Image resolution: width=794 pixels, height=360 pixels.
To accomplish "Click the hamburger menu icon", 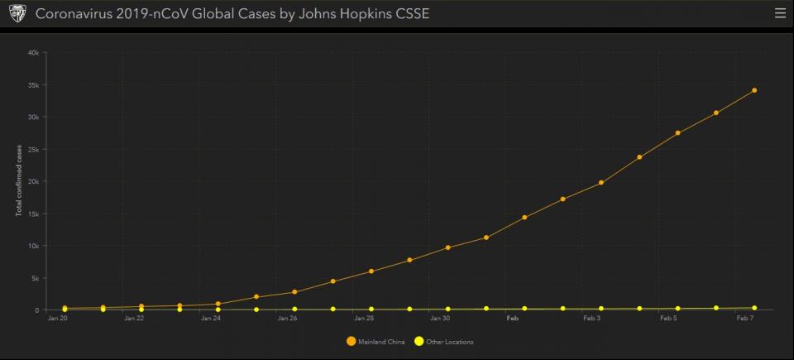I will click(780, 13).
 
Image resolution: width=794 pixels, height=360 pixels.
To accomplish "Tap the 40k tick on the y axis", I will click(34, 52).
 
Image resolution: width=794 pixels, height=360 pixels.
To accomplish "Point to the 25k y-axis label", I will click(34, 149).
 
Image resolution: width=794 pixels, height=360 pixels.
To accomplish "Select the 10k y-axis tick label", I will click(34, 246).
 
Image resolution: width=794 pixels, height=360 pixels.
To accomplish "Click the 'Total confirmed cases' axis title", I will click(19, 181).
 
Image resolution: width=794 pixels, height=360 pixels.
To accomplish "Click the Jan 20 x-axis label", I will click(57, 318).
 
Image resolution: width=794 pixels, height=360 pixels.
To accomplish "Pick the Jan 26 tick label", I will click(288, 318).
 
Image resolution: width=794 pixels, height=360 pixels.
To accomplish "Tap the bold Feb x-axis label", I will click(513, 318).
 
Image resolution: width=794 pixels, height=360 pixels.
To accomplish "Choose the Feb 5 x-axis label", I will click(669, 318).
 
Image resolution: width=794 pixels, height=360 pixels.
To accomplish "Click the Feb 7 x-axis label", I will click(745, 318).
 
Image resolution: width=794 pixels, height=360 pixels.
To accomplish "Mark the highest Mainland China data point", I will click(754, 90).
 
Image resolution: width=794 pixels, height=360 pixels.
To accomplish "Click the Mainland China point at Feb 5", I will click(677, 133).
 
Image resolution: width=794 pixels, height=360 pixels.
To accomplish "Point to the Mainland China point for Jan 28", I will click(371, 271).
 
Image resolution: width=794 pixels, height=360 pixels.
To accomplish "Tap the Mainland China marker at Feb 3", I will click(601, 183).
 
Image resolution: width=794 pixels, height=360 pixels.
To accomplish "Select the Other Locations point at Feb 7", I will click(754, 308).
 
